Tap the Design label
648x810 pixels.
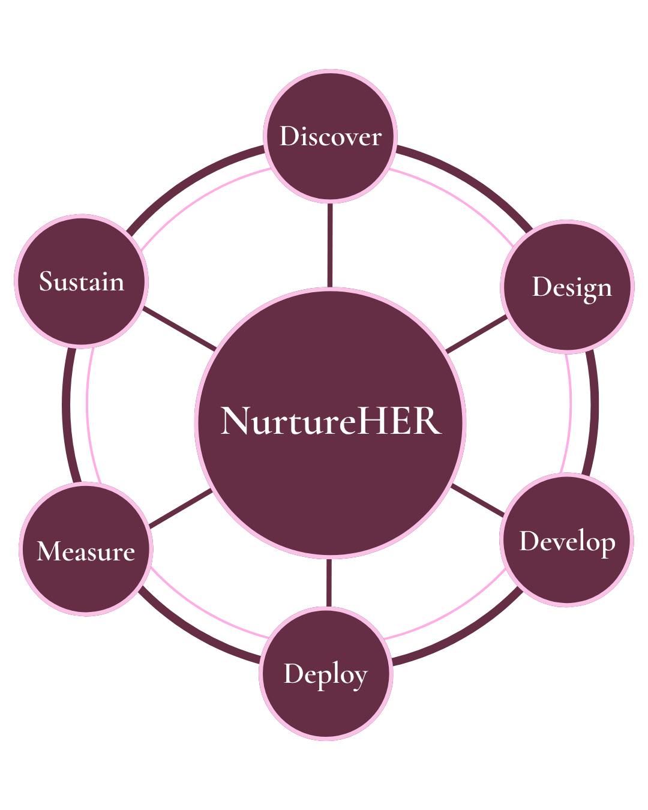(x=572, y=289)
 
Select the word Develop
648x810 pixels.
(x=567, y=542)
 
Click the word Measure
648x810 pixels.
(x=86, y=551)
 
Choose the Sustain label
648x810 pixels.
(x=82, y=281)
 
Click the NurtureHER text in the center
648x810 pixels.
(x=331, y=421)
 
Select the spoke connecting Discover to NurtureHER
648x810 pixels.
(x=330, y=245)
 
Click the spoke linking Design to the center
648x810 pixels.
(x=476, y=334)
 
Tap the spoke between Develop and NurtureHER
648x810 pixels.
(x=478, y=500)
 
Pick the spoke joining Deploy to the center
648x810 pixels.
(x=329, y=583)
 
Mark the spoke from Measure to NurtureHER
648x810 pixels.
(x=181, y=508)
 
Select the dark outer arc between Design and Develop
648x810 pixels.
(x=594, y=412)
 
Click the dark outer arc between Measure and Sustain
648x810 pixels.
(x=66, y=414)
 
